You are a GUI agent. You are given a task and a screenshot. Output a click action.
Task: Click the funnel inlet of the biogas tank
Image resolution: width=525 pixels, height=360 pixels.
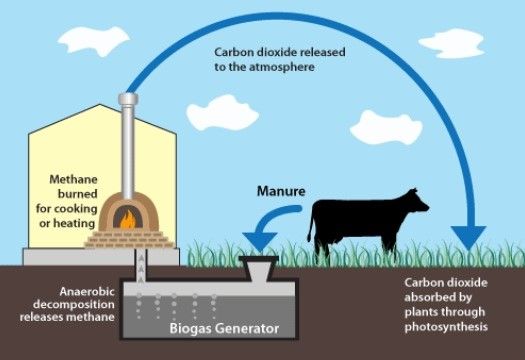[x=263, y=268]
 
